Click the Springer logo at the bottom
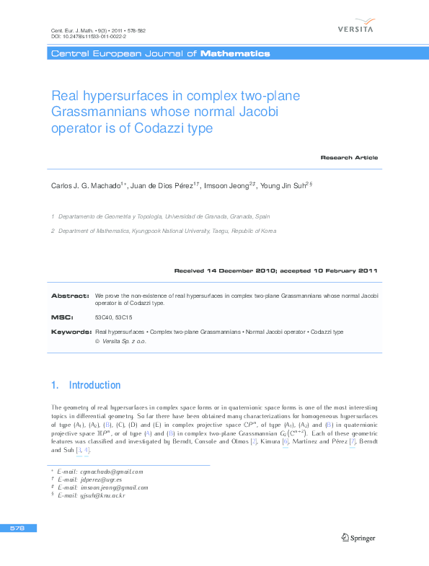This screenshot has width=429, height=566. [358, 536]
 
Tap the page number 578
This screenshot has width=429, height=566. [17, 529]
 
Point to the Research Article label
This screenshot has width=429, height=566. [349, 157]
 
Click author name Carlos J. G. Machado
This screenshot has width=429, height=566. [86, 185]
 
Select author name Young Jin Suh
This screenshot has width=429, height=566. [283, 185]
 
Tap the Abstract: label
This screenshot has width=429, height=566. [70, 296]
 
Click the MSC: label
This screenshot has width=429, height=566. [61, 317]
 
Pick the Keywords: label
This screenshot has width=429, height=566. [71, 332]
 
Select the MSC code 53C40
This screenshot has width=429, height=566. [104, 317]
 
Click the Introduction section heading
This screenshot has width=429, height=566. [94, 385]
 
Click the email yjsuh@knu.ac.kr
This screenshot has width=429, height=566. [104, 495]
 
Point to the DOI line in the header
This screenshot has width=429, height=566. [89, 36]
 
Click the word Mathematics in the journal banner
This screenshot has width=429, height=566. [235, 54]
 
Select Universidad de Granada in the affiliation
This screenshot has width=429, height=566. [200, 216]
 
